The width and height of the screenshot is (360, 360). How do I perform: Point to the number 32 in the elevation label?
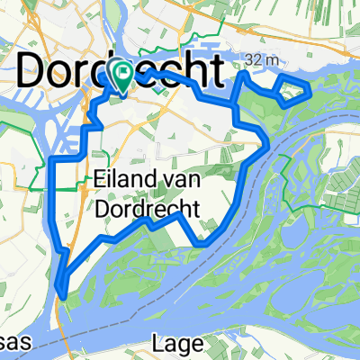252,60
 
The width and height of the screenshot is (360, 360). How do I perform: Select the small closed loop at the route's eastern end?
294,92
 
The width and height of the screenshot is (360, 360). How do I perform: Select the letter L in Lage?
158,343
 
